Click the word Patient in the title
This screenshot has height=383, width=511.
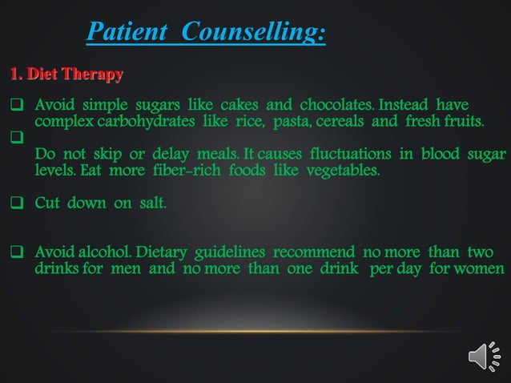[129, 32]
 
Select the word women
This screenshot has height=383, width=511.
[481, 268]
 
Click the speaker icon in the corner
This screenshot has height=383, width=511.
[482, 355]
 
